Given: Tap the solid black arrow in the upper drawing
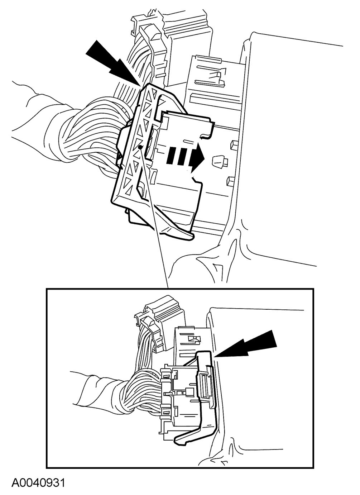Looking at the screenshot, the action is (114, 63).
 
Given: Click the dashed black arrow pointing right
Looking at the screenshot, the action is (186, 157).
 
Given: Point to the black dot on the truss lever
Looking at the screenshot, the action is (140, 147).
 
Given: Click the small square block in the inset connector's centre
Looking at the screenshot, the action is (189, 391).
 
